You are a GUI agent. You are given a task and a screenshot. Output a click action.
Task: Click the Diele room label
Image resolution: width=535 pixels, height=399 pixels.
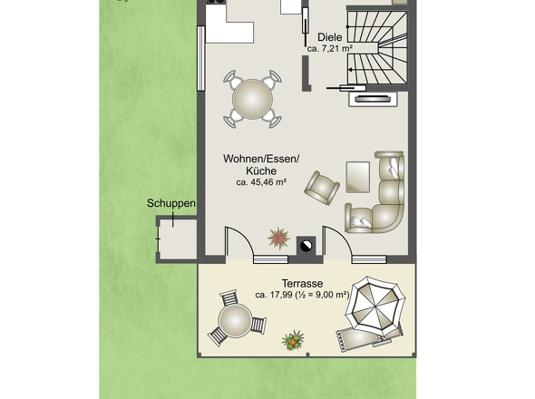point(329,37)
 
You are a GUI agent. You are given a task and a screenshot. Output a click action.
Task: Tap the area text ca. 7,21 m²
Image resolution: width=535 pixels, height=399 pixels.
point(329,48)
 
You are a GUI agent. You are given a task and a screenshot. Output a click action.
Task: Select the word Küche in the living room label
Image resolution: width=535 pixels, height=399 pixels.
point(261,170)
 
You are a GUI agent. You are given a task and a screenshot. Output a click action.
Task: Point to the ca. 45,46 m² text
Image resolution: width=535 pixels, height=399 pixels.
point(261,182)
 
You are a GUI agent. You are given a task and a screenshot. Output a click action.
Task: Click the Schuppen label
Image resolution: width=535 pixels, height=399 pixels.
point(171,203)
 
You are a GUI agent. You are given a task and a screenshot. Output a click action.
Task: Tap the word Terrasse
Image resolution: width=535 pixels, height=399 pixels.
point(302,283)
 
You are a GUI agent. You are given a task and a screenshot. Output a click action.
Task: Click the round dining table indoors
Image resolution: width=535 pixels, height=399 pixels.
point(252,100)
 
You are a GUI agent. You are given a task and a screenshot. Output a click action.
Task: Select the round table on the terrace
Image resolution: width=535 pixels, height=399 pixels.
point(235,320)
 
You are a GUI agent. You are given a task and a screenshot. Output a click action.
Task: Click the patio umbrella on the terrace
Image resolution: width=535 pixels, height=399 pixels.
point(375,305)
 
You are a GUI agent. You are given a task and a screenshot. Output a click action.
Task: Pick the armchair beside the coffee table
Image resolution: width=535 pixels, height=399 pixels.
point(322,188)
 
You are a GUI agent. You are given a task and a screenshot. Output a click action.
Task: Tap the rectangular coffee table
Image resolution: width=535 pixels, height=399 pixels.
point(358,177)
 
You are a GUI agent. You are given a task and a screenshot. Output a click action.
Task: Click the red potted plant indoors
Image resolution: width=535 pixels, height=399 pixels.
point(278,238)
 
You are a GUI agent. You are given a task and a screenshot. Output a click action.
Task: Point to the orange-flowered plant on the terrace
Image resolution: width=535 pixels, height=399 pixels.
point(293,340)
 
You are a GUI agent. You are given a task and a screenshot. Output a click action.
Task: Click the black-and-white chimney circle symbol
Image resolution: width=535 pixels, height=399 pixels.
point(306,246)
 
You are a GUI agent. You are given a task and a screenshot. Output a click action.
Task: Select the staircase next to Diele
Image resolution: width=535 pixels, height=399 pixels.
point(377,47)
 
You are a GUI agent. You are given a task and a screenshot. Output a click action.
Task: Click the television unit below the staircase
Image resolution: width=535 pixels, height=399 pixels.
point(373,99)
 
